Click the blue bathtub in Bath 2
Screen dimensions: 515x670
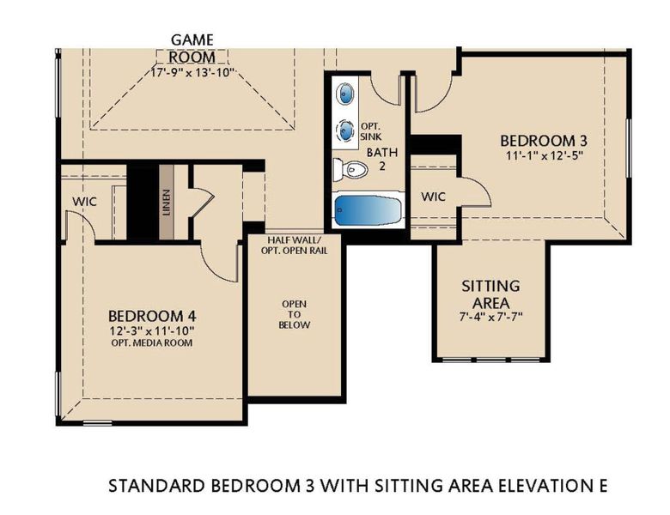[x=368, y=211]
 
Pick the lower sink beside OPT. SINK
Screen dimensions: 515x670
[x=345, y=129]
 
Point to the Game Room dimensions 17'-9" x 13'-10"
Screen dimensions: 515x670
[x=192, y=73]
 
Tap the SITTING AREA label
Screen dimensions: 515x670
[x=490, y=294]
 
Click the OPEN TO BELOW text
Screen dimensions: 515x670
[x=295, y=313]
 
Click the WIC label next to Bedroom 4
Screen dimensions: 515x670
[x=84, y=201]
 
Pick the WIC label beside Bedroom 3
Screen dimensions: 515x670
[x=432, y=197]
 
